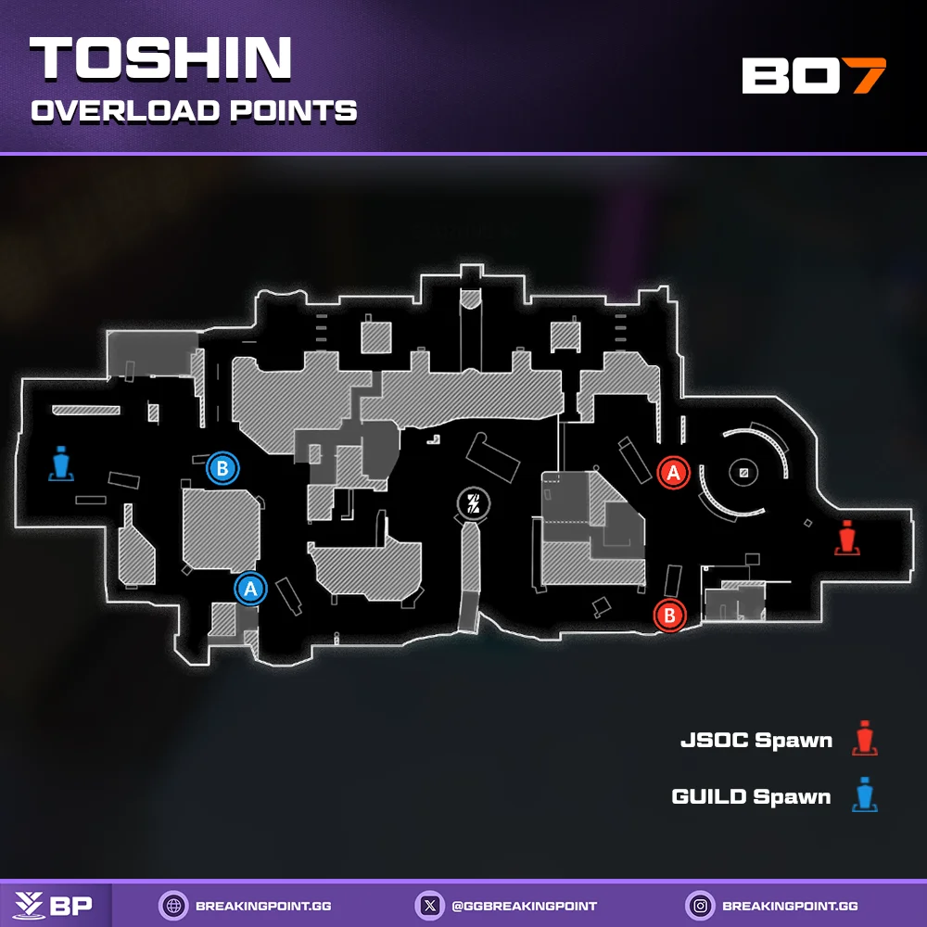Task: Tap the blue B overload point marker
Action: [x=222, y=468]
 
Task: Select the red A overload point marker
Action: [x=674, y=472]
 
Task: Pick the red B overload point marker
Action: [x=669, y=615]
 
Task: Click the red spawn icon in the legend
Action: [x=866, y=738]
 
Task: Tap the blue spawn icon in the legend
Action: [x=866, y=795]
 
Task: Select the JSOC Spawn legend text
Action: [x=756, y=741]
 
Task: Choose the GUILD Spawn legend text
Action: [x=751, y=796]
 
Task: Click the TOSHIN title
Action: [x=161, y=59]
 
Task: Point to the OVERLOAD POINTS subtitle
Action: [x=194, y=111]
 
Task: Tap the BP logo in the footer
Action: [x=57, y=905]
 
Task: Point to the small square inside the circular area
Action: [x=743, y=473]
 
